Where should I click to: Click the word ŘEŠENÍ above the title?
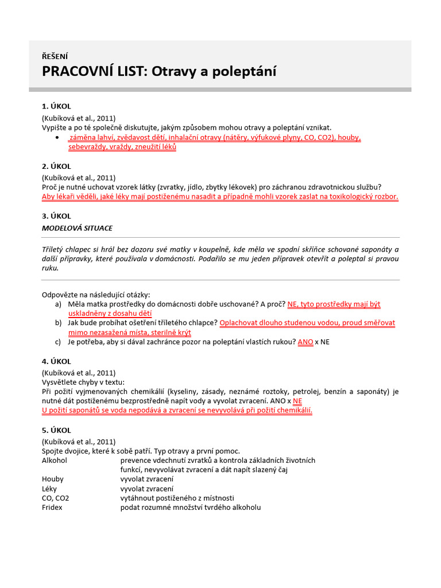(x=55, y=56)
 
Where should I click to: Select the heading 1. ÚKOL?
(x=56, y=106)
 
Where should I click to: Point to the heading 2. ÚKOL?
(x=56, y=167)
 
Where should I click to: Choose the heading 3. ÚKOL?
(x=56, y=216)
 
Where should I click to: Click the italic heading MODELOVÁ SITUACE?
(x=77, y=228)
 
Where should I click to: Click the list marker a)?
(x=59, y=304)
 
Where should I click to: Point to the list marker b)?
(x=59, y=323)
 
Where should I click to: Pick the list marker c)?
(x=59, y=342)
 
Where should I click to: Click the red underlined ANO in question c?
(x=305, y=342)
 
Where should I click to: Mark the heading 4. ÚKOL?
(x=56, y=361)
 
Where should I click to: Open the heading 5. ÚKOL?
(x=56, y=430)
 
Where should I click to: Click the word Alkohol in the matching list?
(x=56, y=460)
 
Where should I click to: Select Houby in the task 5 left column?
(x=53, y=479)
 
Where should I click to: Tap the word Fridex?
(x=52, y=507)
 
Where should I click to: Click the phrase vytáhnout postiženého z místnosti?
(x=177, y=498)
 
